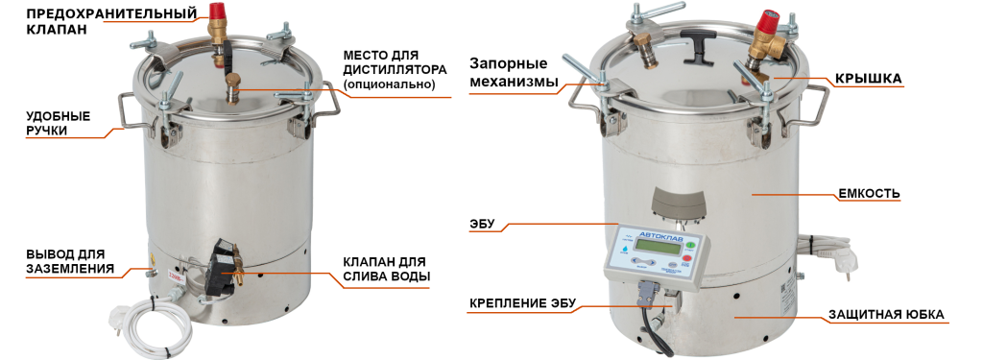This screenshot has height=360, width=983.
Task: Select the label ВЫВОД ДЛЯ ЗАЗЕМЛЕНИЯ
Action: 70,261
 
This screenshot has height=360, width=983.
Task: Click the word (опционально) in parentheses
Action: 388,85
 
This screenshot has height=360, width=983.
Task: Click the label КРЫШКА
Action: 869,80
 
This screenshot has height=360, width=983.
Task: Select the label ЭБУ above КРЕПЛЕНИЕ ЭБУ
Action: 483,225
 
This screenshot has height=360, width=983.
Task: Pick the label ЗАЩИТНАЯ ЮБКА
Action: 886,314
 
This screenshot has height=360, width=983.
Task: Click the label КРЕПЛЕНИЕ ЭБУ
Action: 522,304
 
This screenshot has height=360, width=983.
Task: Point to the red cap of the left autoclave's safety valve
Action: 216,12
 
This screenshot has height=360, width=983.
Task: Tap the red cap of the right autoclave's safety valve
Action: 769,19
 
